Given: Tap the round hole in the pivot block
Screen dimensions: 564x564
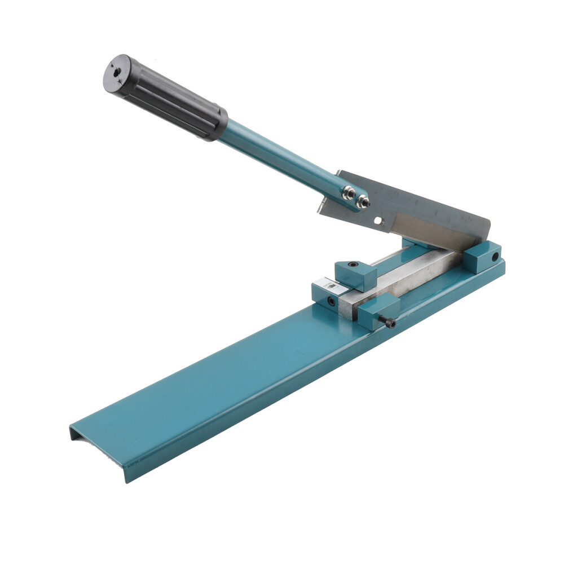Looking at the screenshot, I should (495, 257).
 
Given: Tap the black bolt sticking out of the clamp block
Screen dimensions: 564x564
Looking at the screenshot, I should (389, 322).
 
